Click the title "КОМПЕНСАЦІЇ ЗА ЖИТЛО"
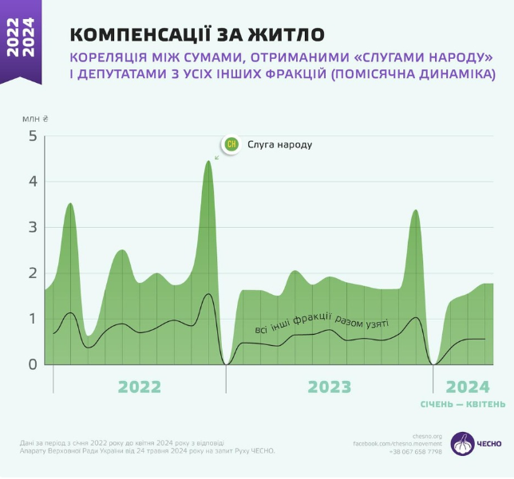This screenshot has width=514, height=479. (197, 33)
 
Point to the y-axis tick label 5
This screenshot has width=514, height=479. (33, 136)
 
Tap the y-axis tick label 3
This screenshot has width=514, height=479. (33, 228)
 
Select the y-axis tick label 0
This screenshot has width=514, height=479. (33, 364)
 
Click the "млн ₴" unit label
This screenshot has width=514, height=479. (35, 118)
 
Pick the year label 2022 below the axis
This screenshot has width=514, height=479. (140, 387)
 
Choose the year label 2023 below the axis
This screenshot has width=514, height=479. (330, 387)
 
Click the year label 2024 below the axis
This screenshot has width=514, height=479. (468, 387)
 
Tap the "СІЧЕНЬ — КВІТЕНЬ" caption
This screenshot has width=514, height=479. (463, 404)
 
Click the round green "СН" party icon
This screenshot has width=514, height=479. (231, 144)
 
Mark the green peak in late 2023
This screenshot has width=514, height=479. (415, 211)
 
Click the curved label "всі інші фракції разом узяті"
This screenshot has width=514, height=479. (321, 324)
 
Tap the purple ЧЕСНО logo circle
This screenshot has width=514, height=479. (462, 444)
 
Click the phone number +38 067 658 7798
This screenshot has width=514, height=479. (415, 452)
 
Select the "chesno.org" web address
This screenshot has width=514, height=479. (428, 436)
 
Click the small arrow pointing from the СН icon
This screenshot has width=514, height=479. (217, 156)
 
